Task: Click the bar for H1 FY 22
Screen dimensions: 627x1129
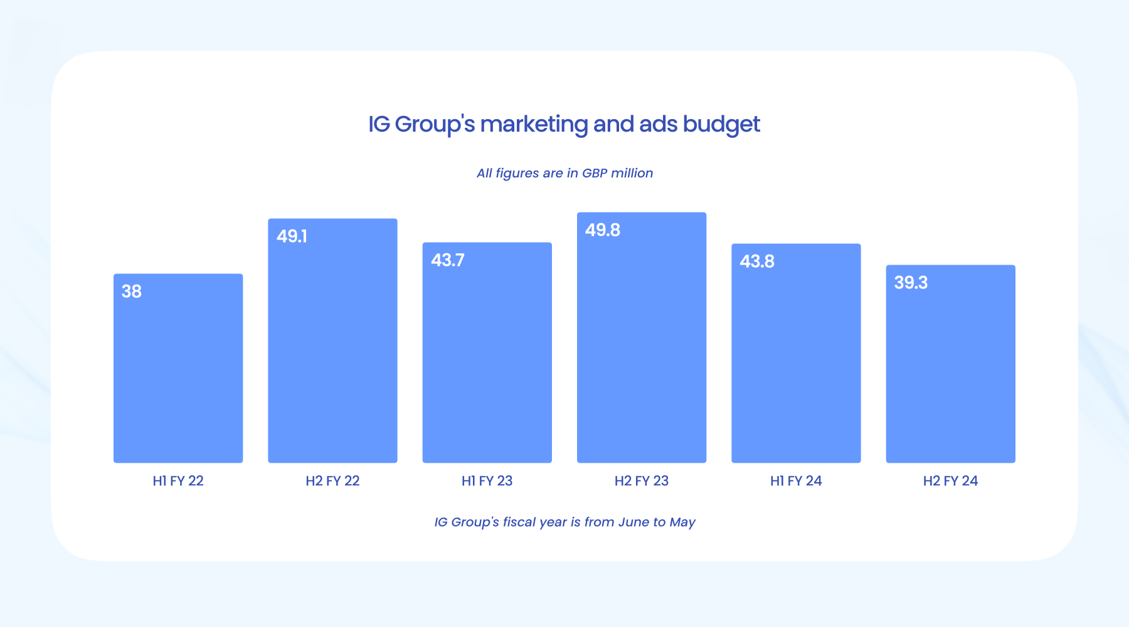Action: point(178,376)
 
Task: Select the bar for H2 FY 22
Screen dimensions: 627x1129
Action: point(332,351)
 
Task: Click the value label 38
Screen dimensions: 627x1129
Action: point(132,292)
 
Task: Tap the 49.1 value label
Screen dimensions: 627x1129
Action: point(292,236)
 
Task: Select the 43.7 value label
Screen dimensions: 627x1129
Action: point(448,260)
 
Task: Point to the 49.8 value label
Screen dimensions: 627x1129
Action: point(603,230)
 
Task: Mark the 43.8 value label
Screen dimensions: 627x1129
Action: point(757,261)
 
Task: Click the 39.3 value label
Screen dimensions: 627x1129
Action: point(911,283)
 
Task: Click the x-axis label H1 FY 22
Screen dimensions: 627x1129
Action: point(178,481)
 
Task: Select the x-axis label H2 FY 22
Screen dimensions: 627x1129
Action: point(332,481)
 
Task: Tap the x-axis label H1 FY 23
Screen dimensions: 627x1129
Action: point(487,481)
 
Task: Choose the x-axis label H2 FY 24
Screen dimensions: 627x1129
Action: point(950,481)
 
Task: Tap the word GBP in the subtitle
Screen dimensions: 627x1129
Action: point(595,173)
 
